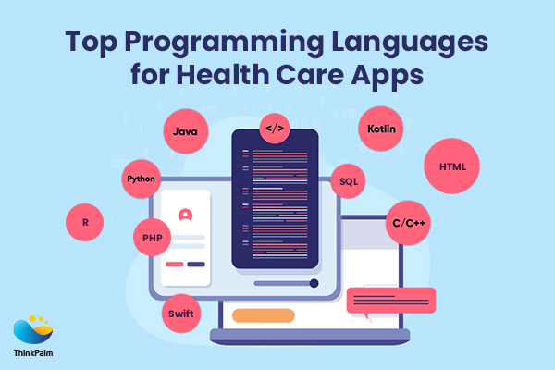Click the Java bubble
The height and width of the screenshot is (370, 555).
tap(183, 134)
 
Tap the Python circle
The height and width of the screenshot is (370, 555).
tap(142, 178)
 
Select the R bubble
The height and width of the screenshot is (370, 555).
tap(85, 223)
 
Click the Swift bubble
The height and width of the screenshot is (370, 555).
tap(180, 313)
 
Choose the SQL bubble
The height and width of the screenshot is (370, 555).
tap(348, 181)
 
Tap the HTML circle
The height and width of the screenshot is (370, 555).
tap(451, 167)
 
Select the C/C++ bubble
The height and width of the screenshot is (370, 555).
tap(408, 223)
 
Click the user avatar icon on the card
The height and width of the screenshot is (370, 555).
tap(185, 215)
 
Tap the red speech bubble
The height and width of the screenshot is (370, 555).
tap(389, 300)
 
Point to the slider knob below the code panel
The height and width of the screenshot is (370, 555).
tap(314, 284)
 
